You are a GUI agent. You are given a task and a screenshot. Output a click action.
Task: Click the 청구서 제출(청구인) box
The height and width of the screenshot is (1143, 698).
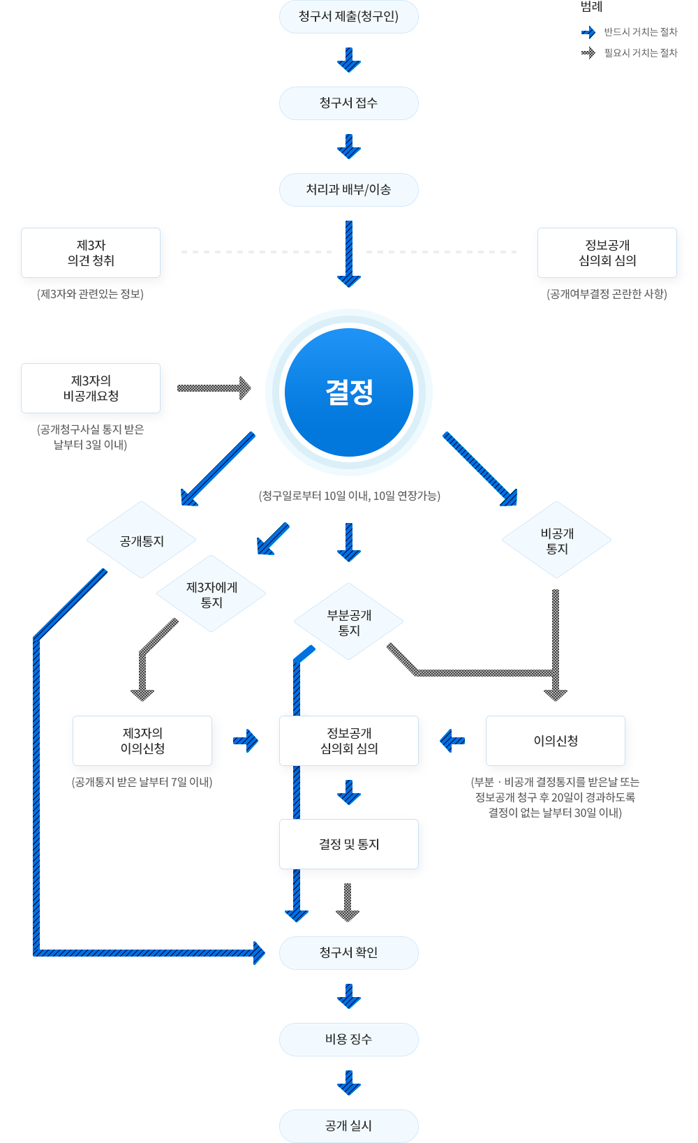tap(348, 17)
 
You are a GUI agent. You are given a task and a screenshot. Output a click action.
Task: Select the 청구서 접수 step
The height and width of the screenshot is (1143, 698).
tap(348, 103)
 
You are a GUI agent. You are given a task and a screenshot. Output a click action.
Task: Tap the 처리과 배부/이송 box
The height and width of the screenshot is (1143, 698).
tap(348, 190)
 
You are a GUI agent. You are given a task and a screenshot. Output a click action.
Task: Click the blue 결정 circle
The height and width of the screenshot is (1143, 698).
tap(349, 392)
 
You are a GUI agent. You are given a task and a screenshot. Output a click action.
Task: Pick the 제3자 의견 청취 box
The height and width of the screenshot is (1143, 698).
tap(91, 253)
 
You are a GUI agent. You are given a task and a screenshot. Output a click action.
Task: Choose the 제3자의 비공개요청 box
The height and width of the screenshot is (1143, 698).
tap(91, 388)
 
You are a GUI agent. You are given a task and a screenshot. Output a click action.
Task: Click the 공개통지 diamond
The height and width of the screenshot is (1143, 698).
tap(142, 540)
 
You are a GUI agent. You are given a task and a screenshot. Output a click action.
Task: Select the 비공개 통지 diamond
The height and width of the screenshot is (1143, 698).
tap(556, 540)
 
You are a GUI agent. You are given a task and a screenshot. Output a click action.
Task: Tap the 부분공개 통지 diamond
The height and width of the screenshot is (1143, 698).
tap(349, 622)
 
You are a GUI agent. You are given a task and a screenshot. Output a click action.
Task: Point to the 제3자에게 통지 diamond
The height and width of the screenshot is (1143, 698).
tap(211, 594)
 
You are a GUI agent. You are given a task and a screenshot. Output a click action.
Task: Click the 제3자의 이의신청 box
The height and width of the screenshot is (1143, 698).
tap(142, 741)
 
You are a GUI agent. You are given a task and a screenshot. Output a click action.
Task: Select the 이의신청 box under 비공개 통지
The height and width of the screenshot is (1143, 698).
tap(556, 741)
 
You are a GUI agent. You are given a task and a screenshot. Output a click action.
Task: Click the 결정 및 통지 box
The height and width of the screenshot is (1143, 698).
tap(349, 844)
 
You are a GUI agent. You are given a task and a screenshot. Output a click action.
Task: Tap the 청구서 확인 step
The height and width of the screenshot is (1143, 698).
tap(348, 953)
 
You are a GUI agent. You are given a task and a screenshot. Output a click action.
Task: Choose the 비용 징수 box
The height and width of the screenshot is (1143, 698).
tap(348, 1040)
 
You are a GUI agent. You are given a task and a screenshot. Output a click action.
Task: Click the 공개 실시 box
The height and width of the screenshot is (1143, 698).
tap(348, 1126)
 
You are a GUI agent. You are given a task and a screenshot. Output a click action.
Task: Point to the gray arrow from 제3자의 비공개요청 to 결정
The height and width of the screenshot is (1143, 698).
tap(214, 388)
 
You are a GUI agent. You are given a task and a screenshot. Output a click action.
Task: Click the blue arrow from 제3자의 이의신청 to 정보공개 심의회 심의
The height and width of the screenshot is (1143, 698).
tap(246, 740)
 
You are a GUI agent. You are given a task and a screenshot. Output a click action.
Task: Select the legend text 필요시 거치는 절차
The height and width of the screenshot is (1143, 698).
tap(641, 53)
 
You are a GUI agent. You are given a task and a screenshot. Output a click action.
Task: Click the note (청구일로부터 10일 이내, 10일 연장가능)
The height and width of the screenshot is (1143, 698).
tap(349, 496)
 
